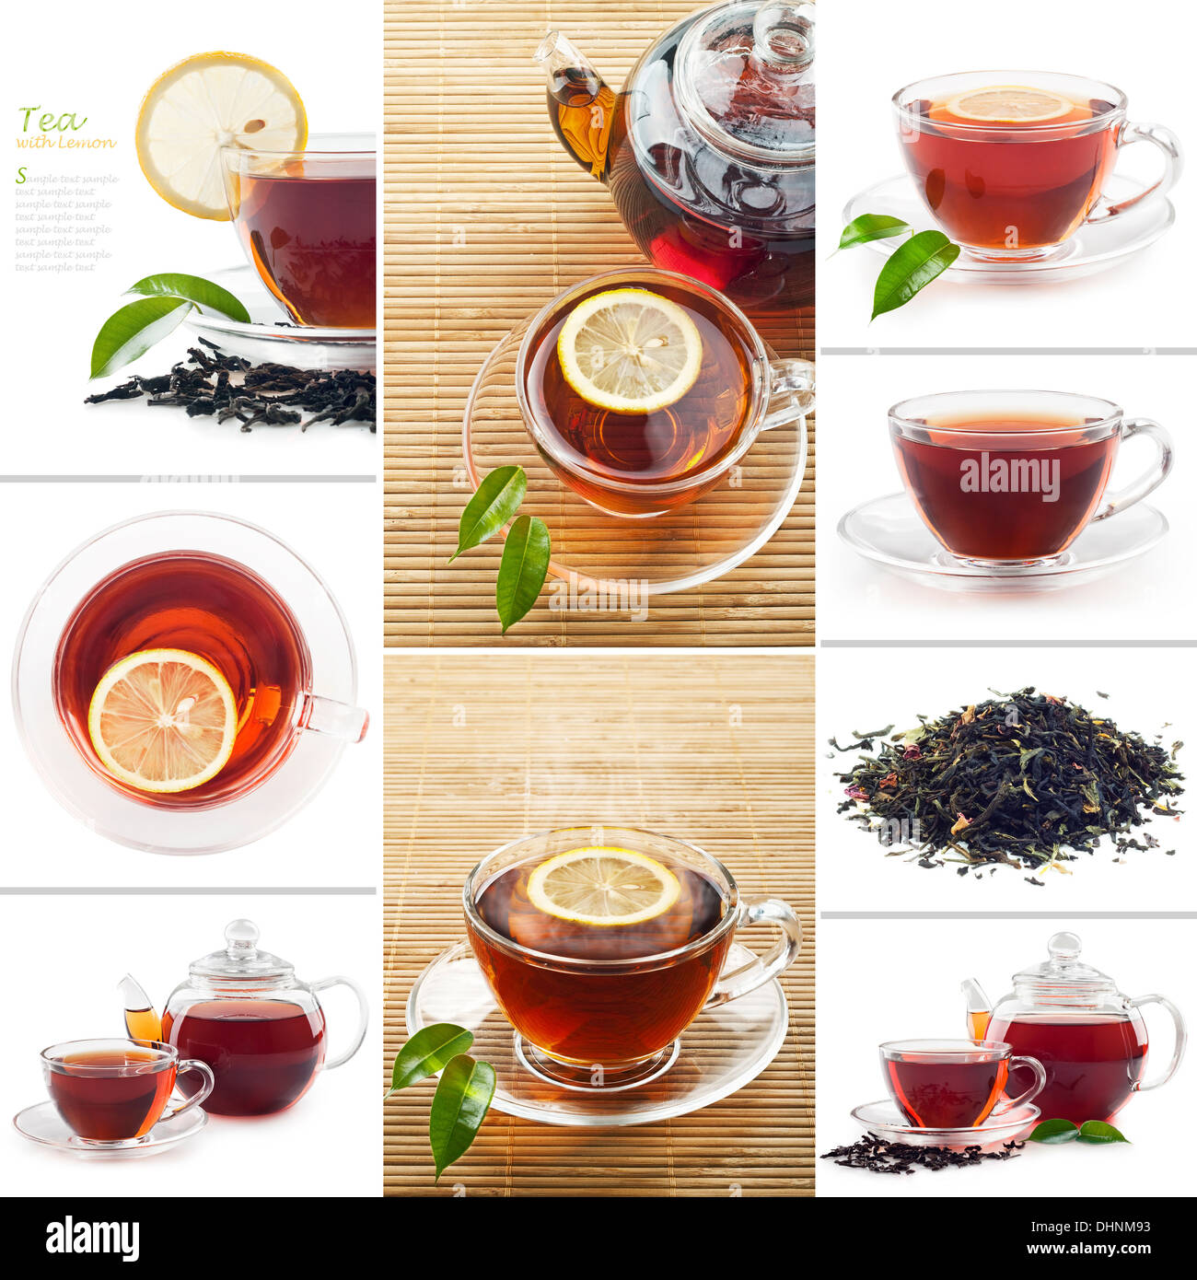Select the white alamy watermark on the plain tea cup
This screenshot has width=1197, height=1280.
coord(1009,476)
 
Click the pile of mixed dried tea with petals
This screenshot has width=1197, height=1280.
coord(1008,783)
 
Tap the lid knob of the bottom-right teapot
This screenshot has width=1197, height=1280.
coord(1064,945)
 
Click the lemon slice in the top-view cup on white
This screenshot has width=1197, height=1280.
coord(163,720)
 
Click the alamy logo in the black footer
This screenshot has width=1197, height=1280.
coord(92,1239)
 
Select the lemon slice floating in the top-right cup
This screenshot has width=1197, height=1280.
coord(1009,106)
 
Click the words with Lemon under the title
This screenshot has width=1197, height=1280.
coord(66,143)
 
